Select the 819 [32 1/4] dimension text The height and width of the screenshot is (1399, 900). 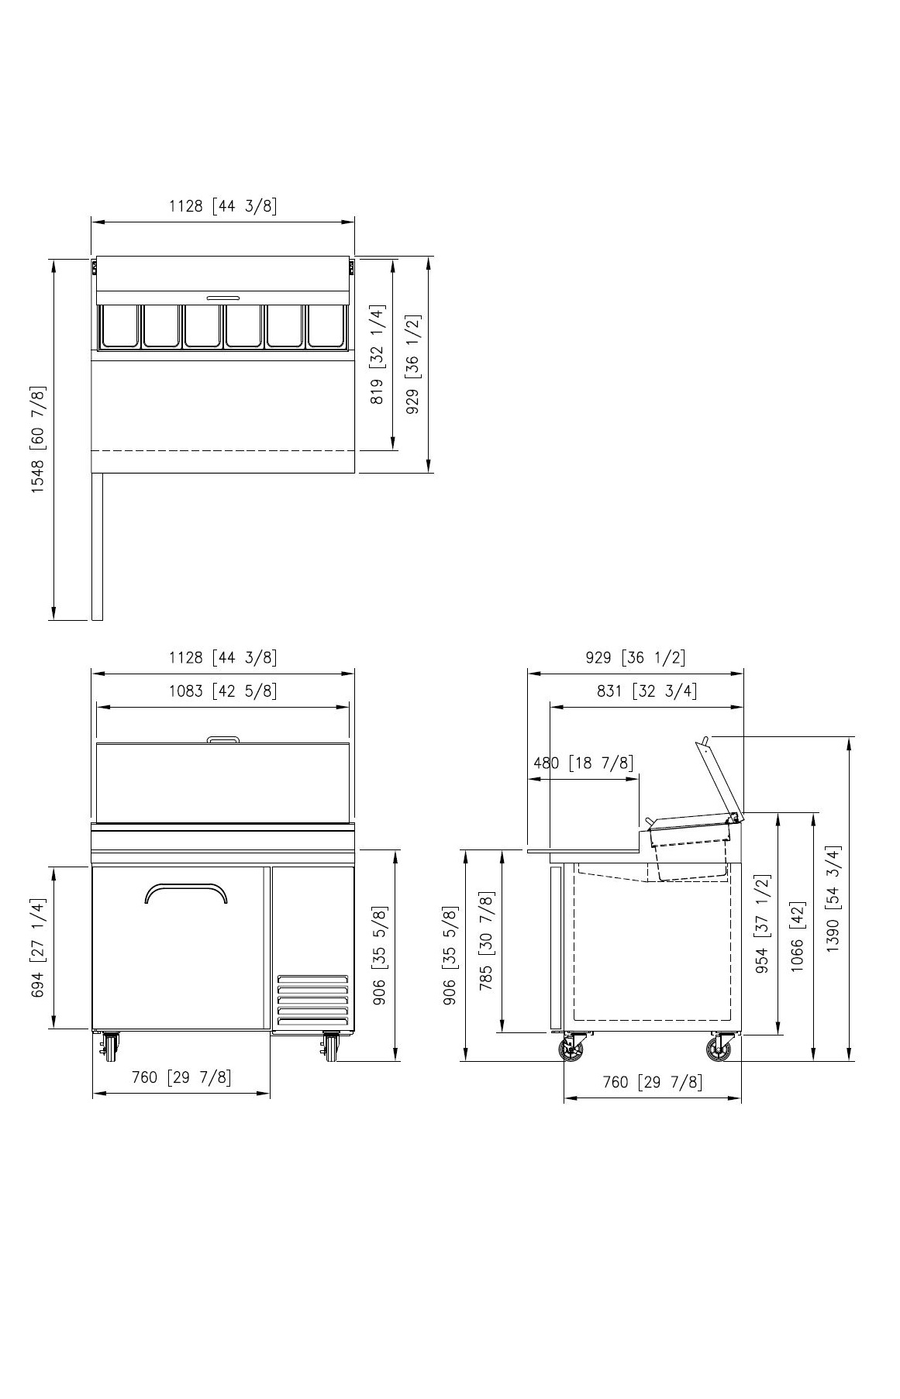click(378, 355)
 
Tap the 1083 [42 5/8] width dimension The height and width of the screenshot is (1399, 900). click(222, 691)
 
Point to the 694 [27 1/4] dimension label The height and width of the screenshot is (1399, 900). click(38, 948)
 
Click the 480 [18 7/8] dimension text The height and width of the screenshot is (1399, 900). click(583, 763)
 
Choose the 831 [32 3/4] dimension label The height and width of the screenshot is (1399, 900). click(647, 691)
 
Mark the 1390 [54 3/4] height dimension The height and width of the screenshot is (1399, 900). click(833, 899)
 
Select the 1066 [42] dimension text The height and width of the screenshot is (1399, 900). click(798, 936)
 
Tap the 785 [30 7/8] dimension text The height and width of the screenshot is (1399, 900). click(486, 942)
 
